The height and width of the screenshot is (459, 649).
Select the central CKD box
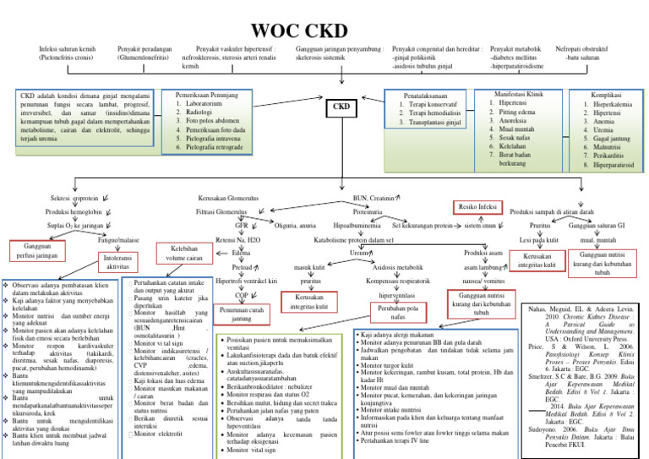[x=341, y=108]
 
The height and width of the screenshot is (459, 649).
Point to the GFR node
[x=241, y=227]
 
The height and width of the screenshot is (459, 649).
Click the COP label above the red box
[x=241, y=295]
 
